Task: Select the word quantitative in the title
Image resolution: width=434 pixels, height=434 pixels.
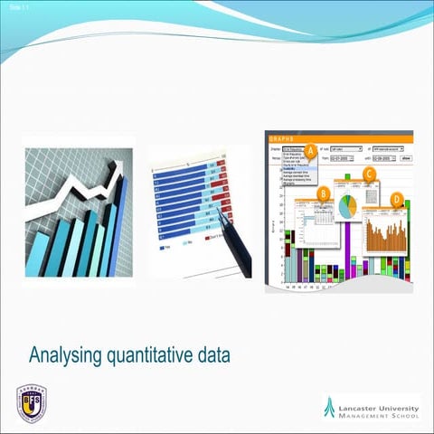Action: click(151, 354)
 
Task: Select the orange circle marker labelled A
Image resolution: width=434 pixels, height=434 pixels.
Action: click(310, 149)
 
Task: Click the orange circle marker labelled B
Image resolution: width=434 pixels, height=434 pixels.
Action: click(325, 193)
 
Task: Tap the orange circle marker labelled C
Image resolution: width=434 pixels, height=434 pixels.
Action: click(369, 174)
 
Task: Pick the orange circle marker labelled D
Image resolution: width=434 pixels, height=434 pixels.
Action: click(397, 199)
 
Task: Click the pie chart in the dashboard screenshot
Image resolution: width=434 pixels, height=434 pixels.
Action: click(347, 205)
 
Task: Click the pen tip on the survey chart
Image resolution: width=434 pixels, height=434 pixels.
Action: click(220, 213)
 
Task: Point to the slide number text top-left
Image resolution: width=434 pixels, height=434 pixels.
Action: click(10, 7)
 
